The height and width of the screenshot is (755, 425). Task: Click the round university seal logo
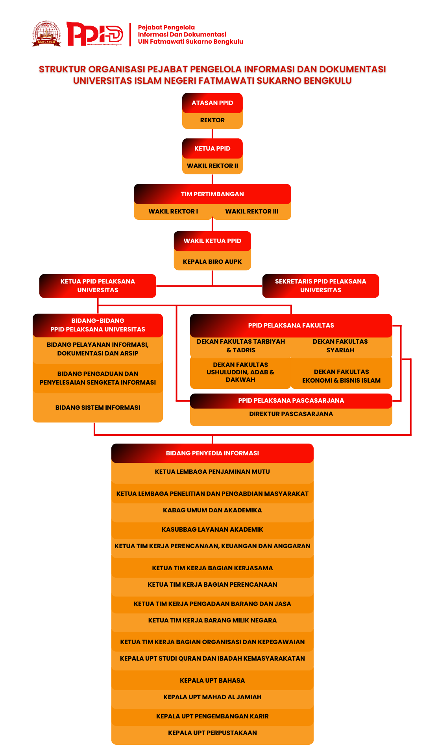click(46, 34)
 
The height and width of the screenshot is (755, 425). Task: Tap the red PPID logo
click(94, 34)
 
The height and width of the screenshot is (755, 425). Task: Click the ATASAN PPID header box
click(213, 103)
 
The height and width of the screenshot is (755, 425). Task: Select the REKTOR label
click(213, 120)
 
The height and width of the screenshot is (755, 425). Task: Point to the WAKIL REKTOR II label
click(213, 166)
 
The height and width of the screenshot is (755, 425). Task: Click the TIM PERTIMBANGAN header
click(213, 194)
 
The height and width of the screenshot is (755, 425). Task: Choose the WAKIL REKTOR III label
click(252, 212)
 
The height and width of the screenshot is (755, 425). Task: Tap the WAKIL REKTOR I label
click(173, 212)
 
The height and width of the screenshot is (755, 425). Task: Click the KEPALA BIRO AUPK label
click(213, 262)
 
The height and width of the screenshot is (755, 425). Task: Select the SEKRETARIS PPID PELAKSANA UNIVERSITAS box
click(320, 286)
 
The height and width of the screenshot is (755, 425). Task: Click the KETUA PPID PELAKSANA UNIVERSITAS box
click(98, 286)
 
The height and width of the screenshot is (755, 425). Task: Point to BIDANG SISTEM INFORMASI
click(98, 408)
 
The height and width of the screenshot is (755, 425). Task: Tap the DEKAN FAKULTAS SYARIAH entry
click(340, 346)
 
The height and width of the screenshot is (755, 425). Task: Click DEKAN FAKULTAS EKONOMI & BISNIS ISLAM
click(341, 376)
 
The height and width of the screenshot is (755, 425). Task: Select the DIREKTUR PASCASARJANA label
click(291, 414)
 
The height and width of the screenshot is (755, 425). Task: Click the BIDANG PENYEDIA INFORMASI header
click(213, 453)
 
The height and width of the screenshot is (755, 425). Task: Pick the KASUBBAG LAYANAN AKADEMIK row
click(213, 530)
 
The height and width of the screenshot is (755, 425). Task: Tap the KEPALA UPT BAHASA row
click(213, 681)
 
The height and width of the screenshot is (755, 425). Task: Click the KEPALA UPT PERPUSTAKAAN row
click(213, 733)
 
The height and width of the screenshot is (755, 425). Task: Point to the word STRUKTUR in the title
click(62, 70)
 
